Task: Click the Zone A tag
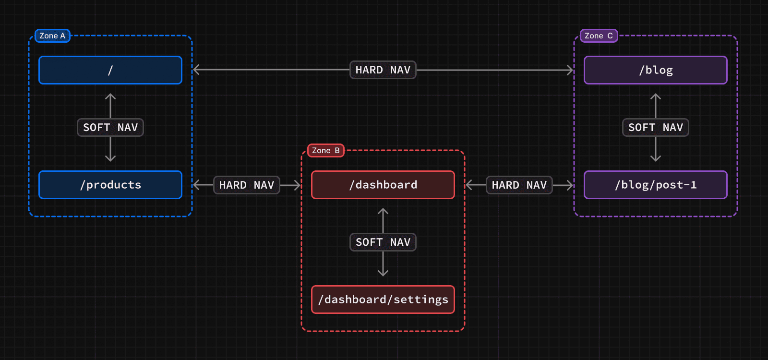tap(52, 36)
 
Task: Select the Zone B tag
tap(325, 151)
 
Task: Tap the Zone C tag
tap(599, 36)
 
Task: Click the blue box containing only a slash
tap(110, 70)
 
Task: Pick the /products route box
tap(110, 185)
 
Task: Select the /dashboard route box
tap(383, 185)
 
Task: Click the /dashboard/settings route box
tap(383, 300)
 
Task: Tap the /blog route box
tap(656, 70)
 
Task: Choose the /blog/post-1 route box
tap(656, 185)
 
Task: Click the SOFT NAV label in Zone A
tap(110, 128)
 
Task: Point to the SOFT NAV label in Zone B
tap(383, 242)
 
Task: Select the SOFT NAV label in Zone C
tap(656, 128)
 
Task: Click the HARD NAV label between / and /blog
tap(383, 70)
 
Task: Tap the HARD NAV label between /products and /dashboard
tap(247, 185)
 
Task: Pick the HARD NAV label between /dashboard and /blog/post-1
tap(519, 185)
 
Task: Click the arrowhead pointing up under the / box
tap(110, 96)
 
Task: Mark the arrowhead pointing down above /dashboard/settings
tap(383, 273)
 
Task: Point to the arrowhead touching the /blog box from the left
tap(570, 70)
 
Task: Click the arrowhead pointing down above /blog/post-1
tap(656, 158)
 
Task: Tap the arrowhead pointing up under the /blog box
tap(656, 96)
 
